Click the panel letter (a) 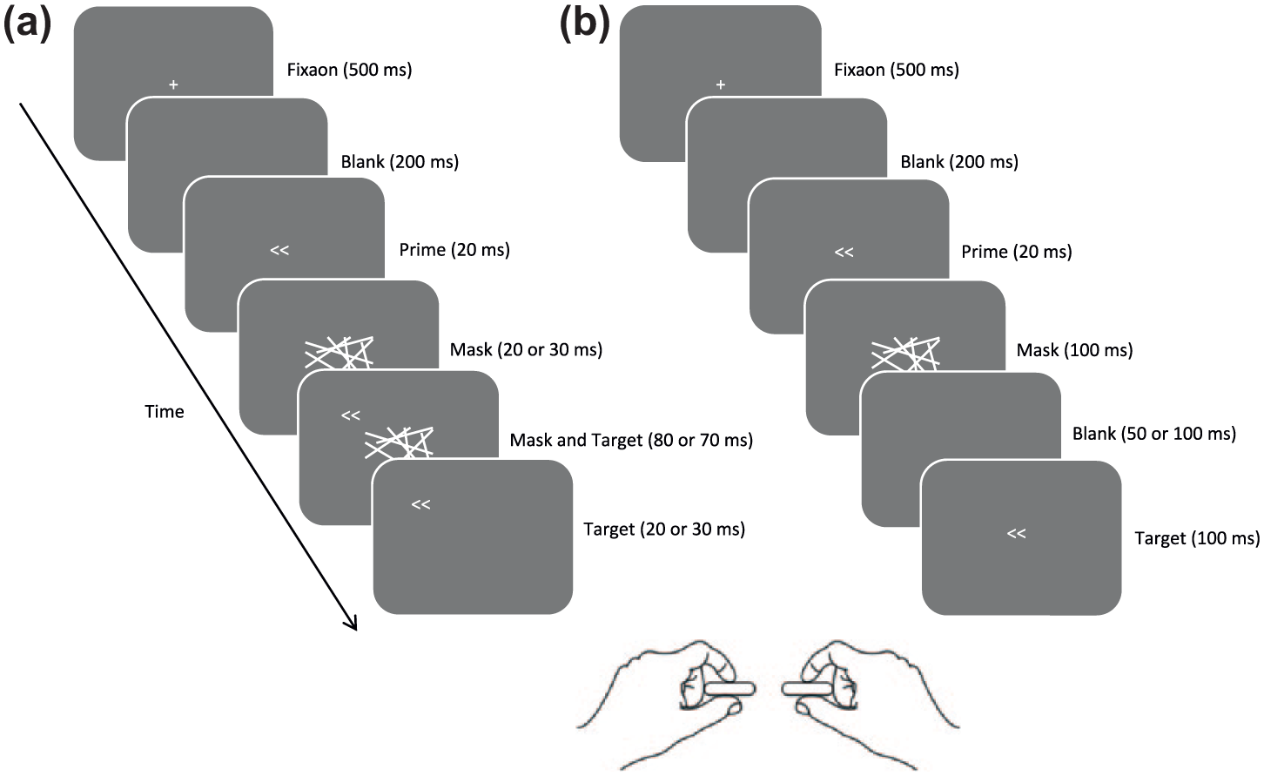pos(27,25)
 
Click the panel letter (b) pos(585,25)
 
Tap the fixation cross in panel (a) pos(173,84)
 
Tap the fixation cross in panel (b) pos(721,84)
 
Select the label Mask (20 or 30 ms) pos(526,350)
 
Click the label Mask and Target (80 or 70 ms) pos(631,440)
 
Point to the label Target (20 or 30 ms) pos(664,530)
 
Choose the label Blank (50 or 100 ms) pos(1154,434)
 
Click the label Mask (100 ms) pos(1074,350)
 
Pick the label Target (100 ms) pos(1197,538)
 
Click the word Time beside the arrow pos(165,412)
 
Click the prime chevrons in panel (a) pos(279,250)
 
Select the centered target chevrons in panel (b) pos(1016,533)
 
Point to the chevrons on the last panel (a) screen pos(421,504)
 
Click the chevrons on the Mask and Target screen pos(351,416)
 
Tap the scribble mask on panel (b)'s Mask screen pos(905,354)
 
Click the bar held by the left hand pos(729,689)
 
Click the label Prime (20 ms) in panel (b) pos(1016,252)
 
